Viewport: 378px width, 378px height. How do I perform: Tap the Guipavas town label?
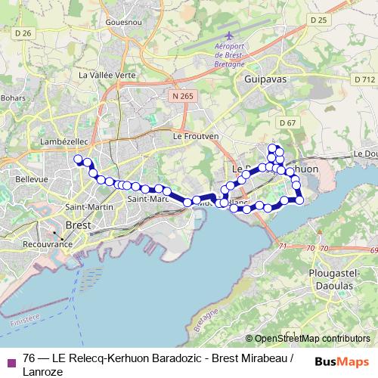pos(261,78)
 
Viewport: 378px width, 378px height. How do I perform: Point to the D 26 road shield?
pos(24,33)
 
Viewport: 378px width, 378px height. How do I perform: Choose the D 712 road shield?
pos(364,79)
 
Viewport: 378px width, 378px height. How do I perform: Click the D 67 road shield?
pos(287,122)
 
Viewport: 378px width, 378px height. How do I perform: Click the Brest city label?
pos(79,225)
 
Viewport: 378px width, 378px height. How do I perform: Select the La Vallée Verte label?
pos(107,76)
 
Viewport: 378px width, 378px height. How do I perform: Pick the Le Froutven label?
pos(196,136)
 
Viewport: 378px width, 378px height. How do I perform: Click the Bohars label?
pos(14,98)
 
